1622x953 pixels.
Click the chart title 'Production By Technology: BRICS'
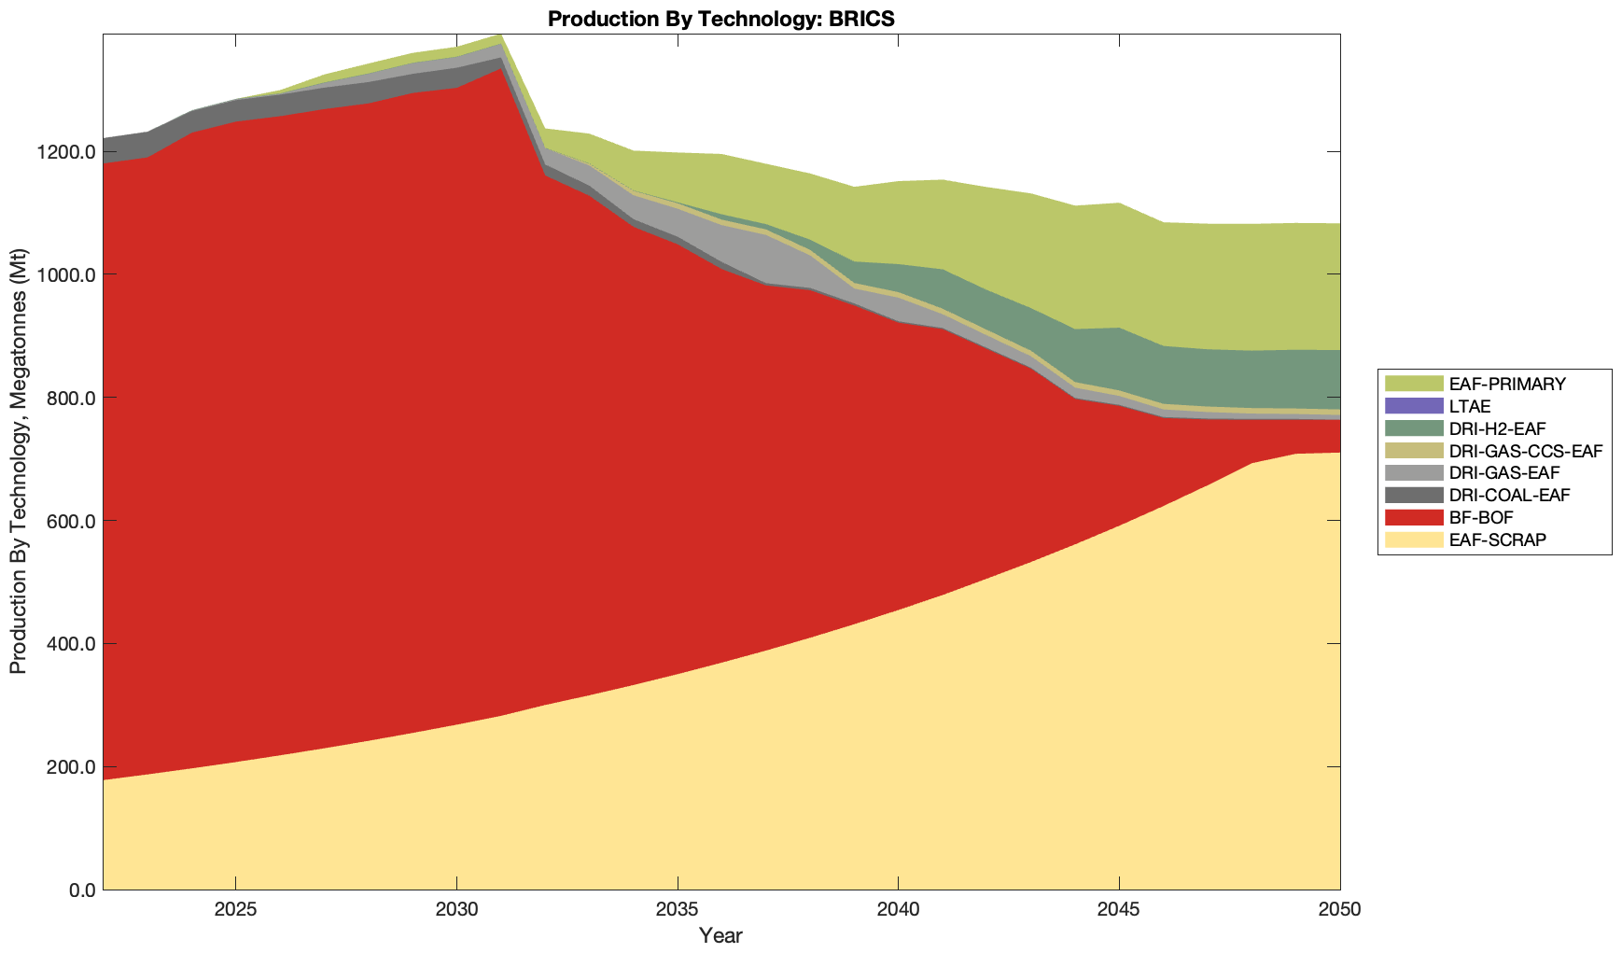coord(721,19)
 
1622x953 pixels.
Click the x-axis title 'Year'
coord(721,935)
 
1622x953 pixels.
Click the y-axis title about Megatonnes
coord(19,461)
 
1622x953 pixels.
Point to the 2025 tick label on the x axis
coord(235,909)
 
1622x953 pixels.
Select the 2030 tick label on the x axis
coord(456,909)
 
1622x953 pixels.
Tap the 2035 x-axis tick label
coord(677,909)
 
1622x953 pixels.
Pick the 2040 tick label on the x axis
coord(898,909)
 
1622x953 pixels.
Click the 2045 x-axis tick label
coord(1118,909)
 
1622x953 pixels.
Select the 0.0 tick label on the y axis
coord(81,890)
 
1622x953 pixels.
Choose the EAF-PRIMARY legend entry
coord(1506,384)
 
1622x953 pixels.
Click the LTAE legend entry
coord(1469,406)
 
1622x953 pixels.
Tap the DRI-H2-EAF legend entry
coord(1497,428)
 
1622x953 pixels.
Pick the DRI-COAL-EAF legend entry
coord(1509,495)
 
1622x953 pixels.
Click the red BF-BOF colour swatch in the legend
coord(1414,517)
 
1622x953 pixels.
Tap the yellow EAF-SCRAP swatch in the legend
coord(1414,540)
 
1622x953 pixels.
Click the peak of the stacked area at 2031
coord(501,35)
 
